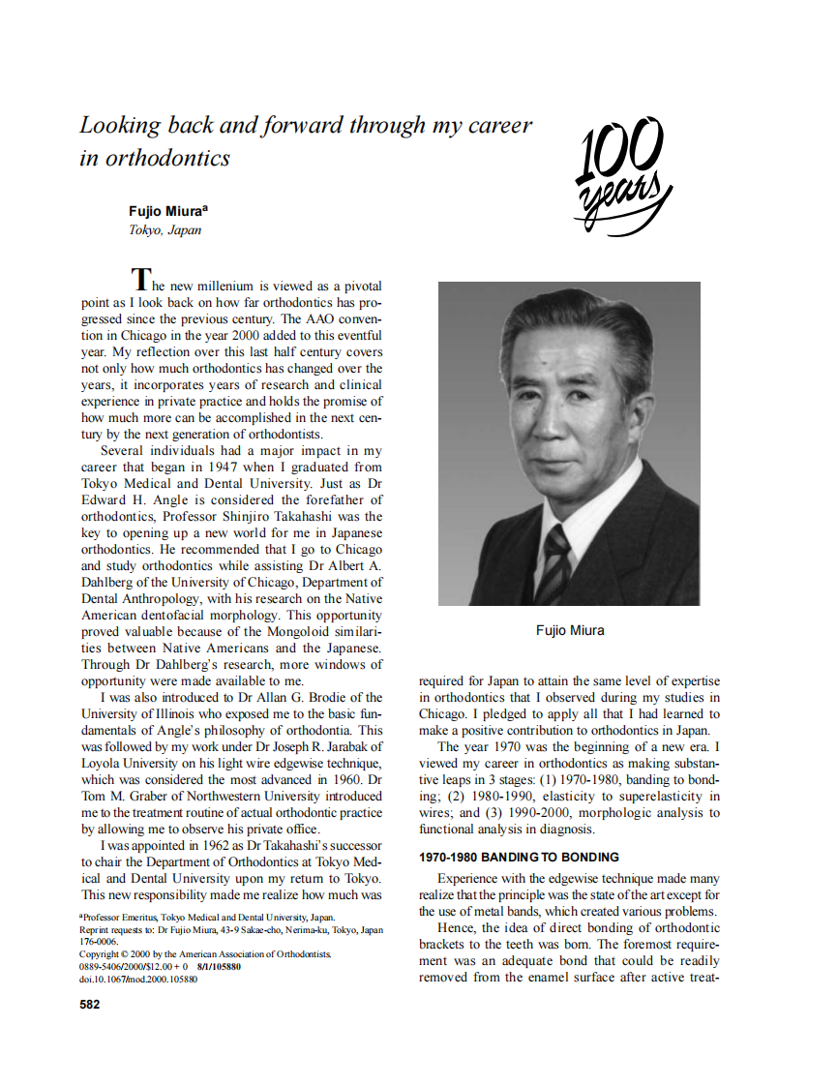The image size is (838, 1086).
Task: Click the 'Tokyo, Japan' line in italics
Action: [x=165, y=230]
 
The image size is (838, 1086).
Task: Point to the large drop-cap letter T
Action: [x=141, y=279]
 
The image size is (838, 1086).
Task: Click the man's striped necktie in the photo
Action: [x=555, y=556]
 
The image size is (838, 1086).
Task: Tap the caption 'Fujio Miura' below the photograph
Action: [x=569, y=630]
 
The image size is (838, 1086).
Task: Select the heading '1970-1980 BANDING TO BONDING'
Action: [x=518, y=858]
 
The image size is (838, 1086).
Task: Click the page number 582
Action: [x=89, y=1004]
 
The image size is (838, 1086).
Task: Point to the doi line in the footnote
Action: [x=137, y=980]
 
